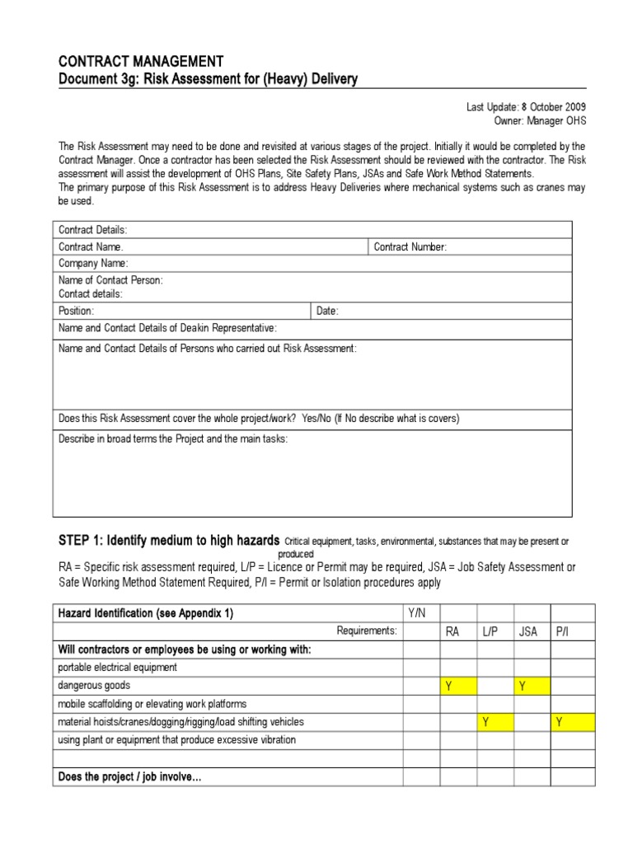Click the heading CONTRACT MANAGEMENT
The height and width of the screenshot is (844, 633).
140,62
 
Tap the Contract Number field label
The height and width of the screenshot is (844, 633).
410,246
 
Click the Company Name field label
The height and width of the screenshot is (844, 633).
93,264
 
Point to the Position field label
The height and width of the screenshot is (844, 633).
76,311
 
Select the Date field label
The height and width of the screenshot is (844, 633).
327,311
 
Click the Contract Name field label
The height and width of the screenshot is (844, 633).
91,246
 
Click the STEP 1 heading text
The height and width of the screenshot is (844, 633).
168,541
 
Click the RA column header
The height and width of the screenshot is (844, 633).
452,631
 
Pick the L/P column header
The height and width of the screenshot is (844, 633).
490,631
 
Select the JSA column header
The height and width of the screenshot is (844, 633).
527,631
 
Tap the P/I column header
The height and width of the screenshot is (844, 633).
563,631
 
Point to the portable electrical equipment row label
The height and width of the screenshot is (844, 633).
117,668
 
